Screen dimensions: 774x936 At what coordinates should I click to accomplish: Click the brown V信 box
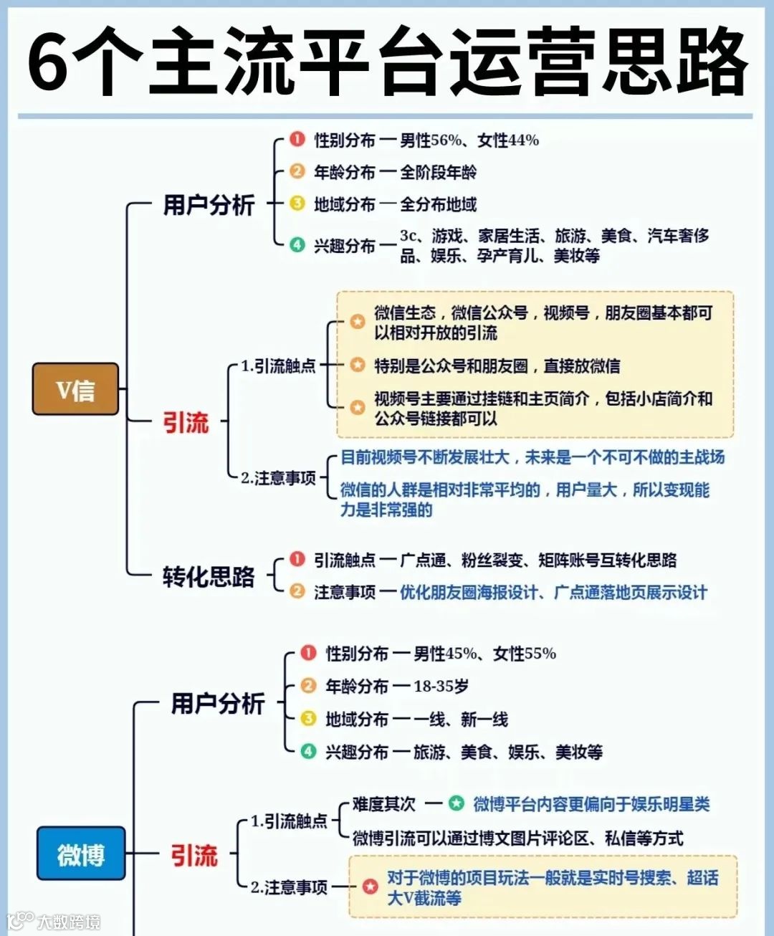tap(75, 389)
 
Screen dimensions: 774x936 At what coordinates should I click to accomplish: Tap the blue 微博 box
tap(81, 854)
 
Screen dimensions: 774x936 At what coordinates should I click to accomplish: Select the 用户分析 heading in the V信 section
tap(209, 205)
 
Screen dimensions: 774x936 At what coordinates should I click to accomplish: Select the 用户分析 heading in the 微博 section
tap(217, 703)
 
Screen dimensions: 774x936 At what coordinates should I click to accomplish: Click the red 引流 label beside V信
tap(186, 422)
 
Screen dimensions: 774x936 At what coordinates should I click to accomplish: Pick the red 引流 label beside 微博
tap(193, 855)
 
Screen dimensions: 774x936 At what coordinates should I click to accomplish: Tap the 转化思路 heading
tap(208, 576)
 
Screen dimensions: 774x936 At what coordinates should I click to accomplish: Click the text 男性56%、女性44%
tap(469, 140)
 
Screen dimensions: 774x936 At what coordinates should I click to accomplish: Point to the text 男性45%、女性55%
tap(484, 654)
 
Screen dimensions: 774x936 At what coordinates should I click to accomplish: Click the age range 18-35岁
tap(441, 687)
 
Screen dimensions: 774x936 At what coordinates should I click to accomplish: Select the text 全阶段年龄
tap(438, 173)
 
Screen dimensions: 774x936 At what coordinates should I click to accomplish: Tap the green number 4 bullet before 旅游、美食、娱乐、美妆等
tap(308, 751)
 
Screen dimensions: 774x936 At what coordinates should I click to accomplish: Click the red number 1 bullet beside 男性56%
tap(297, 139)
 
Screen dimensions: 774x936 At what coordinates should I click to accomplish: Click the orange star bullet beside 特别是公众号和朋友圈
tap(357, 365)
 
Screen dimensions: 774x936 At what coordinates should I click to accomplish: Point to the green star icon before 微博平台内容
tap(456, 803)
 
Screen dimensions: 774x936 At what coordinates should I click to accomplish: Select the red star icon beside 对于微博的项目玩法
tap(370, 887)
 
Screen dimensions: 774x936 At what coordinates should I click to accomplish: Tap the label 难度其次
tap(383, 804)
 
